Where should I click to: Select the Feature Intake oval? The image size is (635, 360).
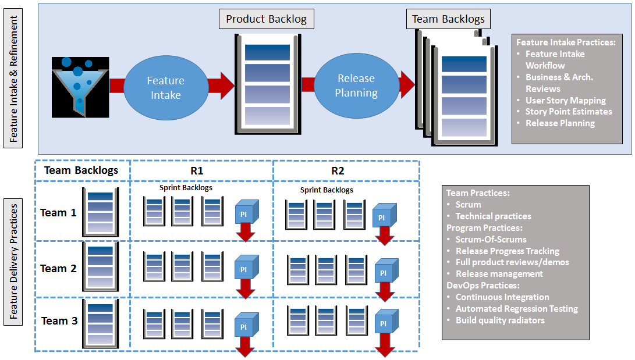coord(165,88)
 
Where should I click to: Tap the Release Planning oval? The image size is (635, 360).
coord(357,85)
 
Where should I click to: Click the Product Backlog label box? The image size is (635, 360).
coord(266,19)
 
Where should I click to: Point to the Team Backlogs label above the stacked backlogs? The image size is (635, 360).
coord(448,19)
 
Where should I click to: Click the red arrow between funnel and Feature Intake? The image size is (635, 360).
coord(116,86)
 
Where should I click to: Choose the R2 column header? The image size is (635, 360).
coord(338,170)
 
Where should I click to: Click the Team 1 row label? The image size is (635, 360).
coord(58,213)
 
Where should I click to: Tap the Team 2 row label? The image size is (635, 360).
coord(58,269)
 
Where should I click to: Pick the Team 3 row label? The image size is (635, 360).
coord(58,321)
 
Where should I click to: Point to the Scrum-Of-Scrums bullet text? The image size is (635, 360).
coord(491,239)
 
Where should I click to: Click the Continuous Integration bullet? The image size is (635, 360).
coord(502,297)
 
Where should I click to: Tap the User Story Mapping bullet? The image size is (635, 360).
coord(566,100)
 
